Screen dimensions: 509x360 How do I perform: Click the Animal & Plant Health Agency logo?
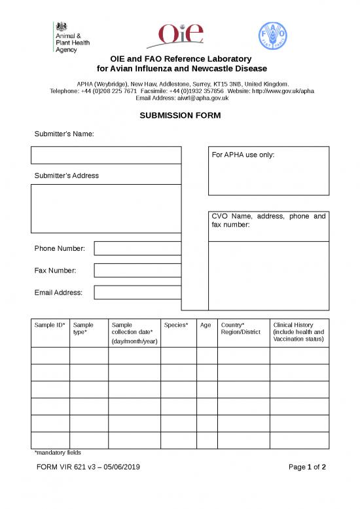(72, 37)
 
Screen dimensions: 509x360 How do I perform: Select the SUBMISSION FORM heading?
(180, 115)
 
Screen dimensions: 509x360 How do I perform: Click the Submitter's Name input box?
(105, 155)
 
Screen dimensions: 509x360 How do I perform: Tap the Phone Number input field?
(137, 248)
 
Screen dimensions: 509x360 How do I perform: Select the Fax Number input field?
(137, 270)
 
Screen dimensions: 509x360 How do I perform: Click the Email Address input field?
(137, 292)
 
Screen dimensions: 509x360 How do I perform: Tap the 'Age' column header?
(206, 325)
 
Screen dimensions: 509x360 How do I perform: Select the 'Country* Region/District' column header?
(241, 328)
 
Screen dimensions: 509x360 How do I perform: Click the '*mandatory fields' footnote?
(57, 452)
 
